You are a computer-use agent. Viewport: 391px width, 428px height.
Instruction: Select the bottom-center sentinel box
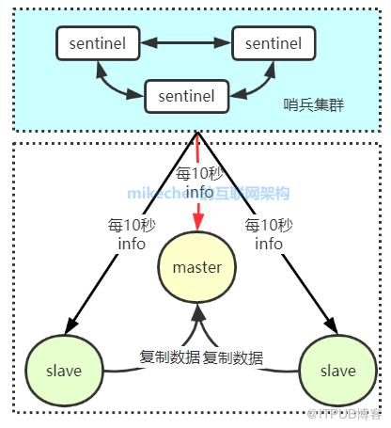pyautogui.click(x=186, y=95)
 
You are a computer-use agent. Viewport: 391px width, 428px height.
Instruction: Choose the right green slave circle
pyautogui.click(x=330, y=370)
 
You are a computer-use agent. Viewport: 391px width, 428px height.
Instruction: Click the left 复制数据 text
pyautogui.click(x=169, y=357)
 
